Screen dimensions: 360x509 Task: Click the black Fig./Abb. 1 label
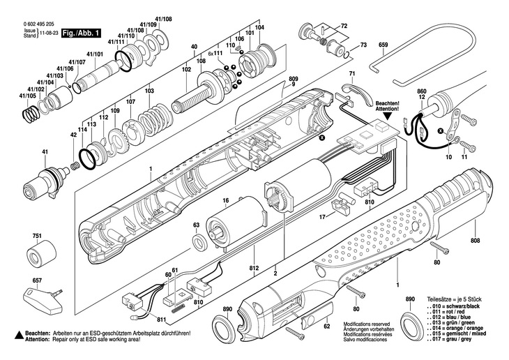pyautogui.click(x=82, y=33)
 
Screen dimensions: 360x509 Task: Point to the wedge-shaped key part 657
pyautogui.click(x=43, y=299)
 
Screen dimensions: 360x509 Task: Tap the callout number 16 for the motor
pyautogui.click(x=226, y=201)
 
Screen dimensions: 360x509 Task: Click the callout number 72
pyautogui.click(x=343, y=26)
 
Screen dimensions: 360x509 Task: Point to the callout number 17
pyautogui.click(x=322, y=217)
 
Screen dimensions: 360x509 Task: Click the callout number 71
pyautogui.click(x=353, y=73)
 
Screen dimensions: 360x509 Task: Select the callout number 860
pyautogui.click(x=421, y=91)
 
